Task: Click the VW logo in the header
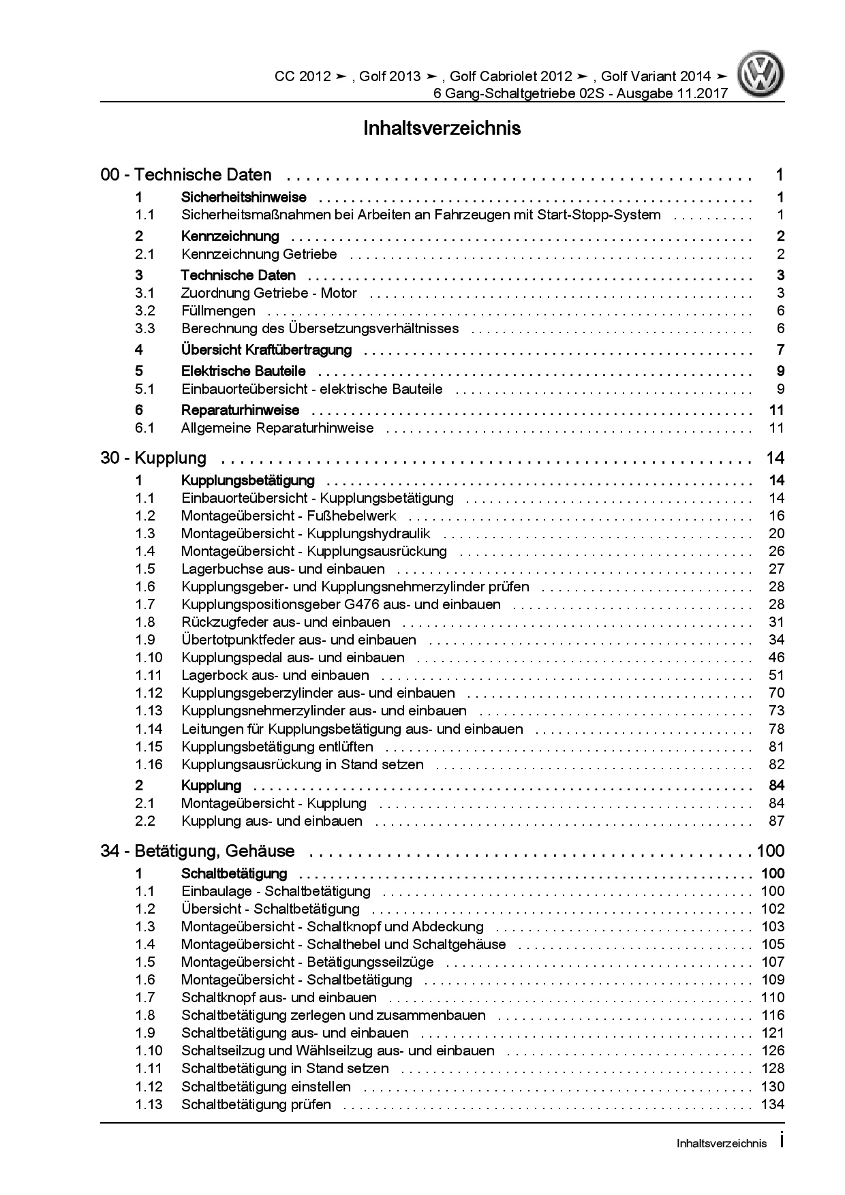point(763,76)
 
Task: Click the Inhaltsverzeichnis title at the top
point(442,128)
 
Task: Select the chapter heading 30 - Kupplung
point(153,458)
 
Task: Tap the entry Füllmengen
point(218,311)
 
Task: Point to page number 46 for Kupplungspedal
point(776,657)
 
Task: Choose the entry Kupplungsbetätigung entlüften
point(277,747)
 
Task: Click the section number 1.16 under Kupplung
point(149,764)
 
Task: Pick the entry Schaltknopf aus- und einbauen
point(279,997)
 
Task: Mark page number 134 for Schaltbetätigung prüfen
point(773,1104)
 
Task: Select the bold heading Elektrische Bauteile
point(243,371)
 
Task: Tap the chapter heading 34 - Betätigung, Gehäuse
point(198,851)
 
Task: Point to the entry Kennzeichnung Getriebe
point(259,254)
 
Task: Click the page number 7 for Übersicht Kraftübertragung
point(780,350)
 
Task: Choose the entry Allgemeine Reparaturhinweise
point(277,428)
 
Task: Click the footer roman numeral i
point(781,1143)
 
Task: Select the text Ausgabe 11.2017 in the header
point(672,93)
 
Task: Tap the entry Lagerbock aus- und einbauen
point(275,675)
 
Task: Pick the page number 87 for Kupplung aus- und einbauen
point(776,821)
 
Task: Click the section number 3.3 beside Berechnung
point(144,328)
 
